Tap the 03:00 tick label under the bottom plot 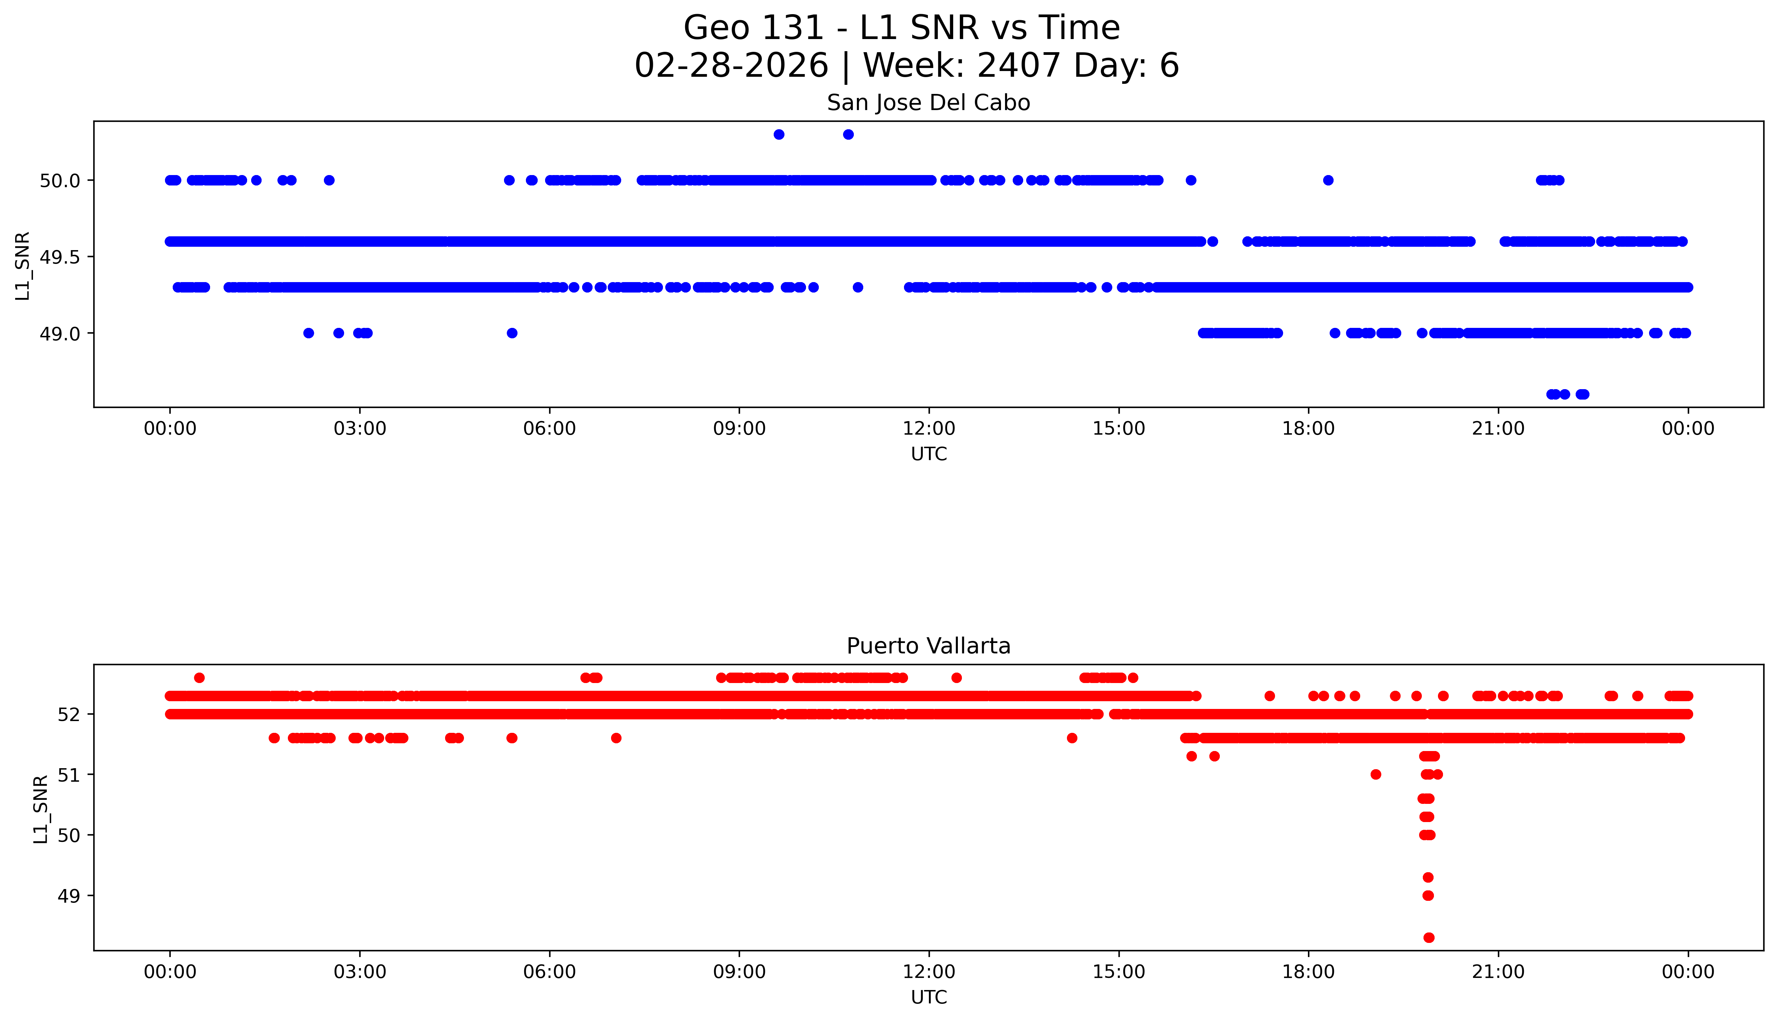(360, 972)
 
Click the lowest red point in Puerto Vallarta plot (1429, 938)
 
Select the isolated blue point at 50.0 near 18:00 (1328, 180)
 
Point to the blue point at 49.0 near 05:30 (512, 333)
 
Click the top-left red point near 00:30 (199, 677)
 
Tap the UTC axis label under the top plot (929, 454)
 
